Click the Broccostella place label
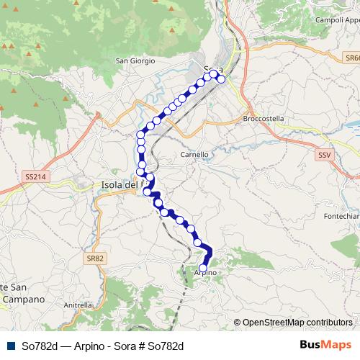pos(264,118)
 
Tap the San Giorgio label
pos(135,61)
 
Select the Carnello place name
pos(194,154)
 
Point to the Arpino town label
pos(205,274)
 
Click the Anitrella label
pos(78,305)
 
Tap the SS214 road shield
pos(35,176)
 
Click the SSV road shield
pos(323,154)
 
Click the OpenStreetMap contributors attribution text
pos(297,323)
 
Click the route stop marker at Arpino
pos(203,269)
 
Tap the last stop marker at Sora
pos(220,79)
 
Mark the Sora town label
pos(212,70)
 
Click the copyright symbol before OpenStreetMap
pos(237,323)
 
